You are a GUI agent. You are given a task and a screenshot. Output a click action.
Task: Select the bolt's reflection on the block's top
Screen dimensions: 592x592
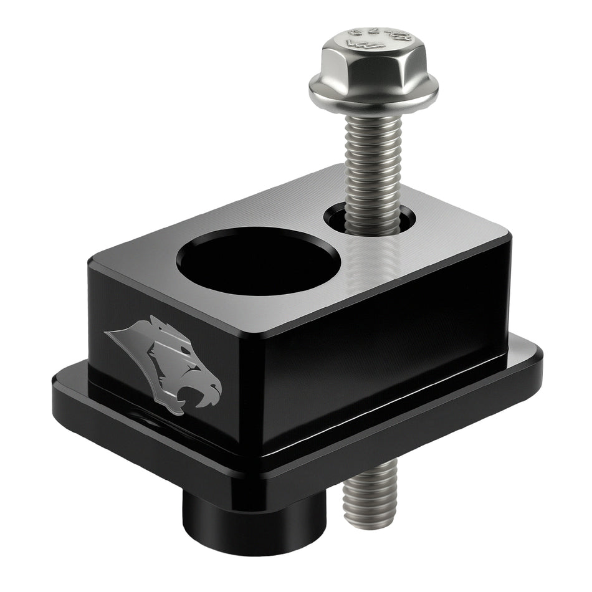[374, 262]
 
